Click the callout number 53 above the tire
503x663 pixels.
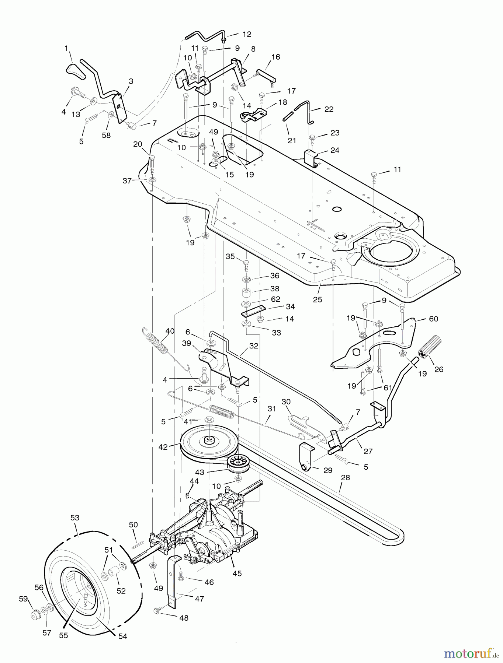tap(75, 518)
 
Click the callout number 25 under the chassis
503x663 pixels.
tap(318, 299)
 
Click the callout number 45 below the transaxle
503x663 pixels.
tap(237, 573)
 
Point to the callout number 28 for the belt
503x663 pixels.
tap(345, 477)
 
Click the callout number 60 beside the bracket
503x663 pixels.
tap(433, 319)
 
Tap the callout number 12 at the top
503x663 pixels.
tap(247, 34)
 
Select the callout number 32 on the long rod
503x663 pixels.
tap(254, 346)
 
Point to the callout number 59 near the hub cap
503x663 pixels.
tap(23, 599)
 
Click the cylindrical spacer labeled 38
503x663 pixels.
tap(246, 294)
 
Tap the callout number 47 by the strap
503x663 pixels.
tap(200, 599)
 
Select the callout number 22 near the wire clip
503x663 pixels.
tap(329, 109)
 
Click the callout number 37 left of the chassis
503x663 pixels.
tap(127, 181)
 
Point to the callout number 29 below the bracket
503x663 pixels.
tap(327, 470)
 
